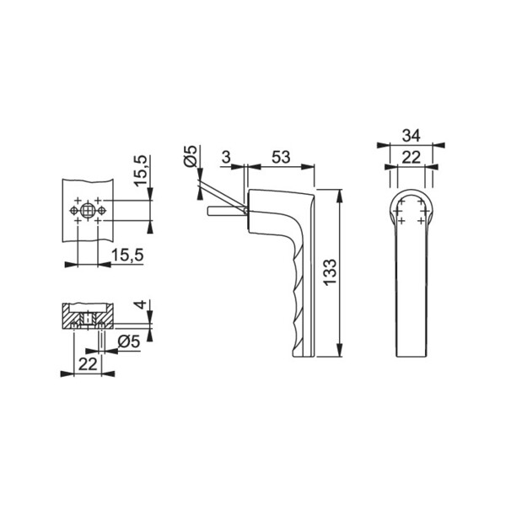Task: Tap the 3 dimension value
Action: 227,157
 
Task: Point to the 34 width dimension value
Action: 412,136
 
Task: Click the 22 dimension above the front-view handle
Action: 412,157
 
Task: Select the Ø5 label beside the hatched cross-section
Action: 128,342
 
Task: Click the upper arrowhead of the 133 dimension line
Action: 340,195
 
